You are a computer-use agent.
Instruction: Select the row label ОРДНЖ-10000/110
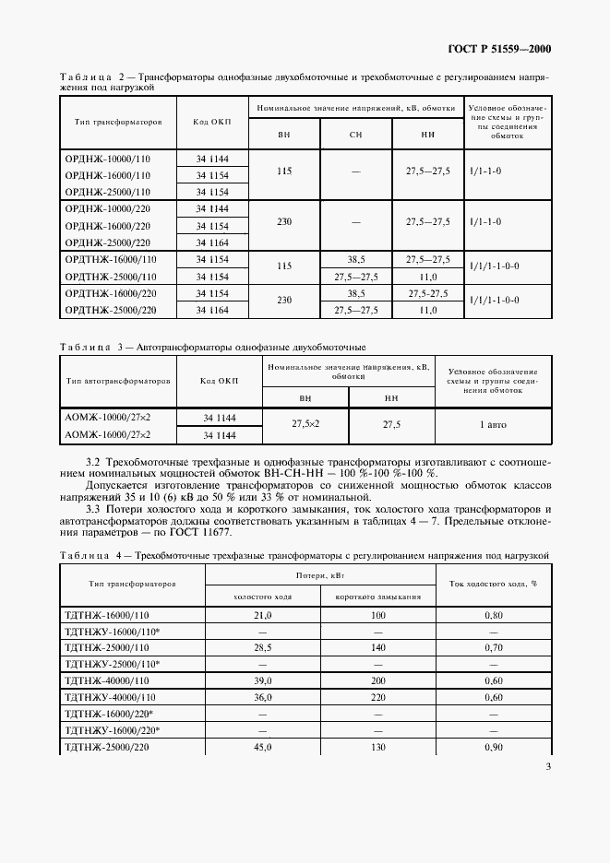107,159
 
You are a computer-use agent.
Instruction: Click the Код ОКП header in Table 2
212,122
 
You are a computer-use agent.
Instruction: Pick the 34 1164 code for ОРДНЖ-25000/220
212,242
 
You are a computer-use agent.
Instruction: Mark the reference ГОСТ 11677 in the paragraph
202,533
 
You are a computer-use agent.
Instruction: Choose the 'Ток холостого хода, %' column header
493,583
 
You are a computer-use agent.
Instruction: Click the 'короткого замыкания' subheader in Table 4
378,596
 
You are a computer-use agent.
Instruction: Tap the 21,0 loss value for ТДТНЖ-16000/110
263,614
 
